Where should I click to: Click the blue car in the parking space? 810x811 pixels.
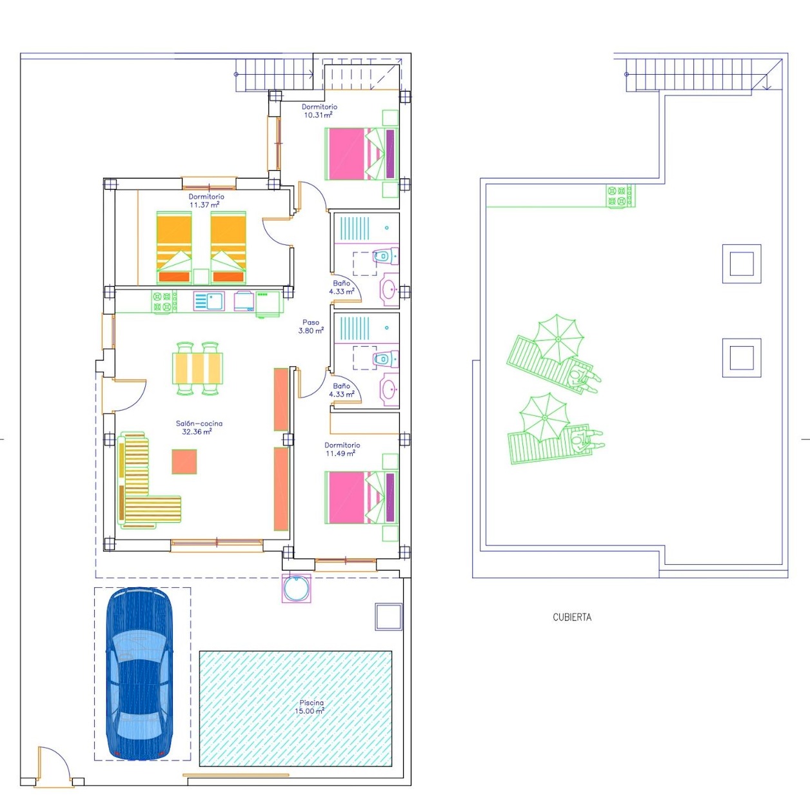pyautogui.click(x=139, y=674)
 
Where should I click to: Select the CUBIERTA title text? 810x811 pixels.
pyautogui.click(x=572, y=618)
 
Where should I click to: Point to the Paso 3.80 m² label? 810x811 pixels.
pyautogui.click(x=311, y=327)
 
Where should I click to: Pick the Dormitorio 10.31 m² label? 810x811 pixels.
pyautogui.click(x=319, y=111)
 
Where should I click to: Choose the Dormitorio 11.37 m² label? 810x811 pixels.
pyautogui.click(x=206, y=200)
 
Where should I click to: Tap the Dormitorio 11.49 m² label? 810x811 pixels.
pyautogui.click(x=342, y=449)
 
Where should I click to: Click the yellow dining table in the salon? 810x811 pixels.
pyautogui.click(x=197, y=368)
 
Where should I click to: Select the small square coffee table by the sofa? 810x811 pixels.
pyautogui.click(x=184, y=462)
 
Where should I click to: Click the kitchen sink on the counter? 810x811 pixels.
pyautogui.click(x=209, y=301)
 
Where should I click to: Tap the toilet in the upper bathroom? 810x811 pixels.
pyautogui.click(x=385, y=255)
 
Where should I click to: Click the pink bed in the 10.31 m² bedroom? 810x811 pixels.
pyautogui.click(x=361, y=153)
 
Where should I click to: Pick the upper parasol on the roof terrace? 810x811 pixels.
pyautogui.click(x=558, y=339)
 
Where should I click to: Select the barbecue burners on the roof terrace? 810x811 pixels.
pyautogui.click(x=620, y=196)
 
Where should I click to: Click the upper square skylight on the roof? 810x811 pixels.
pyautogui.click(x=742, y=264)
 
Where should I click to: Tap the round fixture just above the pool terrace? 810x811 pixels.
pyautogui.click(x=297, y=588)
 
